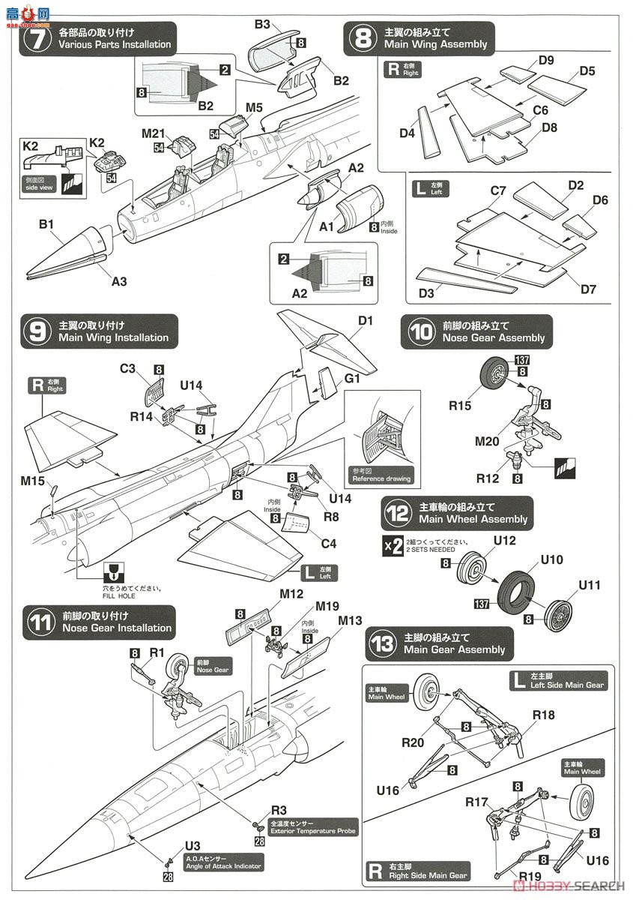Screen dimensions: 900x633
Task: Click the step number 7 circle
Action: point(33,38)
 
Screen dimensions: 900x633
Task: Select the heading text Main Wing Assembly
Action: point(435,44)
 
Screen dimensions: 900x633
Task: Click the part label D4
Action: point(408,133)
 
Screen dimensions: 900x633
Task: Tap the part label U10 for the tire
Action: point(551,559)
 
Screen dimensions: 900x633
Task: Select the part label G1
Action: point(352,379)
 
